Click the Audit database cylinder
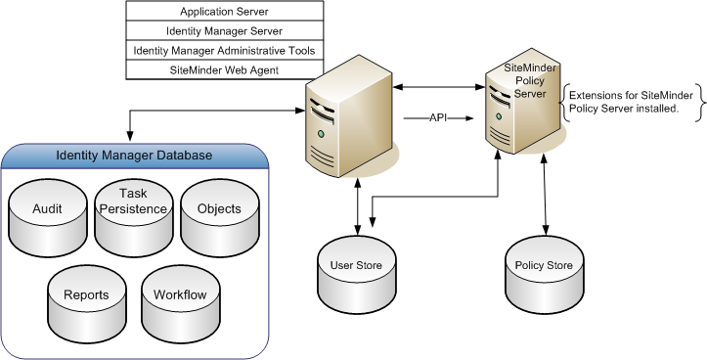47,210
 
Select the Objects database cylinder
219,210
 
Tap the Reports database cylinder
86,295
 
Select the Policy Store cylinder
543,267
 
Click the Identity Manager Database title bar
134,157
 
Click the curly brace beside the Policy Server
563,102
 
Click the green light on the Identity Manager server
320,133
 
